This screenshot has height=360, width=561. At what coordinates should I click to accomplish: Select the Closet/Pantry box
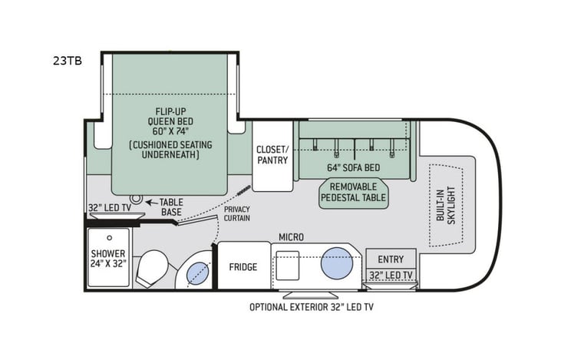pyautogui.click(x=273, y=155)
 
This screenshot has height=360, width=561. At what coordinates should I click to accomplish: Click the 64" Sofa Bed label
pyautogui.click(x=354, y=167)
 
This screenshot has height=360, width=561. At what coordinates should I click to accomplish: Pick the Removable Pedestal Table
pyautogui.click(x=354, y=192)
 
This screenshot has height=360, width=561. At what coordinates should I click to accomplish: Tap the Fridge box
pyautogui.click(x=243, y=267)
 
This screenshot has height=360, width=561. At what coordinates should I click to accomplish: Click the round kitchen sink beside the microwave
pyautogui.click(x=336, y=263)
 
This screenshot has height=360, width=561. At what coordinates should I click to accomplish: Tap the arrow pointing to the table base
pyautogui.click(x=150, y=202)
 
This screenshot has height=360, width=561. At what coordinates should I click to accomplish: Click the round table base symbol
pyautogui.click(x=137, y=200)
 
